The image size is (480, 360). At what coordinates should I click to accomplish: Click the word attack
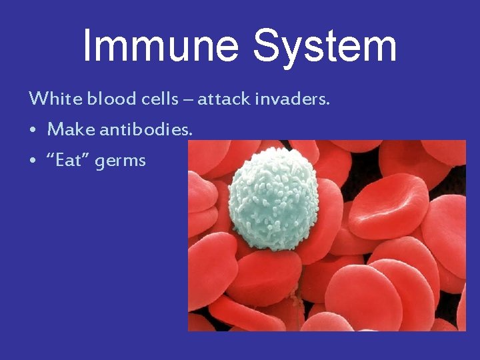[x=223, y=99]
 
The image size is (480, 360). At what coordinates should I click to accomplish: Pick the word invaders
[x=293, y=99]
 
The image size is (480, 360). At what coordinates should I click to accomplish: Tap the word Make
[x=71, y=129]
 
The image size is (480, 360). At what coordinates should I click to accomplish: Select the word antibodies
[x=146, y=129]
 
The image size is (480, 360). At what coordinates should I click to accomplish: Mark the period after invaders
[x=329, y=105]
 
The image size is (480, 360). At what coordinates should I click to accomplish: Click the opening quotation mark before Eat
[x=51, y=157]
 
